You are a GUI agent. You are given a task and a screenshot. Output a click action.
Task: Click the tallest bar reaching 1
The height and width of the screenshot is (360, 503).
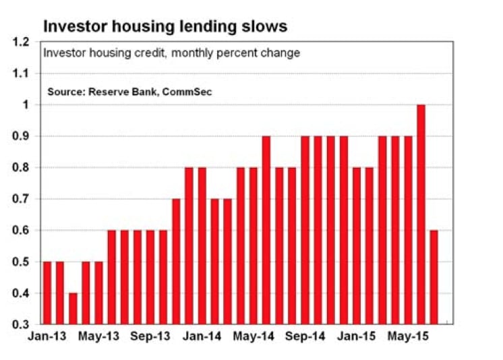click(421, 214)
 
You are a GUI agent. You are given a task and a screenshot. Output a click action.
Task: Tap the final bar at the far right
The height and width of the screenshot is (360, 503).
click(434, 276)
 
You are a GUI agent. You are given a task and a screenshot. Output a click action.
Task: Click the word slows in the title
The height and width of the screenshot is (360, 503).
click(264, 26)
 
